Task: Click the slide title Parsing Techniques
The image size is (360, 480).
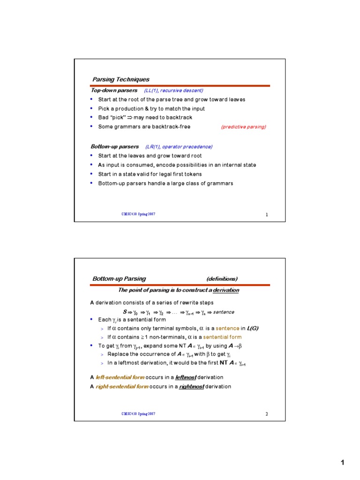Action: click(120, 79)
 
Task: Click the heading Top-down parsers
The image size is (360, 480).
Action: click(114, 90)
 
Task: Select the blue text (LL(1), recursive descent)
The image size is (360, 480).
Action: click(173, 90)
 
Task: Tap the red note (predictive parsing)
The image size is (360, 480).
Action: click(243, 127)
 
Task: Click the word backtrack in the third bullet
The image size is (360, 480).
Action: click(179, 118)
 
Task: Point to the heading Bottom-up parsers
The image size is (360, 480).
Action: click(115, 147)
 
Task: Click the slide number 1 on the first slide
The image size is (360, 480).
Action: click(267, 215)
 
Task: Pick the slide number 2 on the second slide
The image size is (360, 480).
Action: click(267, 414)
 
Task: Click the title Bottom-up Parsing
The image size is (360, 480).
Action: click(119, 278)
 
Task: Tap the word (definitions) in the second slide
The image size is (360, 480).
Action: click(222, 278)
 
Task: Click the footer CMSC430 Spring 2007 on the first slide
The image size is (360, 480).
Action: click(138, 214)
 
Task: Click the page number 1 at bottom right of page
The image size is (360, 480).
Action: click(342, 463)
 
